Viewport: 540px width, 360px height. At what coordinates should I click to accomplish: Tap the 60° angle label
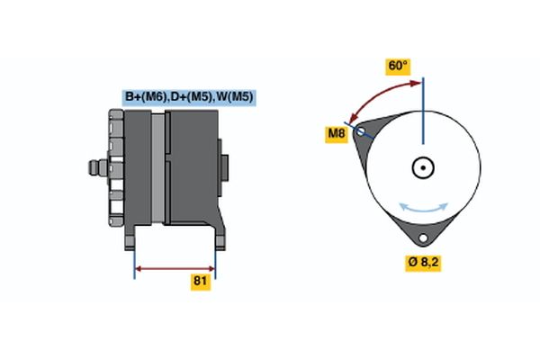398,67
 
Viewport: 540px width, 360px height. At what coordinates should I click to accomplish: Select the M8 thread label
337,135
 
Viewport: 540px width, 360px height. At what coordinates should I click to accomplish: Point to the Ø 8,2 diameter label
422,264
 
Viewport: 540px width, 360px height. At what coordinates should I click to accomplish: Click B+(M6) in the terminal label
144,97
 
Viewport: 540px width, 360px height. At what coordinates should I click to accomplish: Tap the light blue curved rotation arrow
424,208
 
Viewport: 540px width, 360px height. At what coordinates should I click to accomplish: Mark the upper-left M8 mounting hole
361,131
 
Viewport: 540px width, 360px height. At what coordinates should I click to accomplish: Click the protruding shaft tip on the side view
94,167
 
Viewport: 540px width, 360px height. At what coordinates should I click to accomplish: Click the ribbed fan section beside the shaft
116,167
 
